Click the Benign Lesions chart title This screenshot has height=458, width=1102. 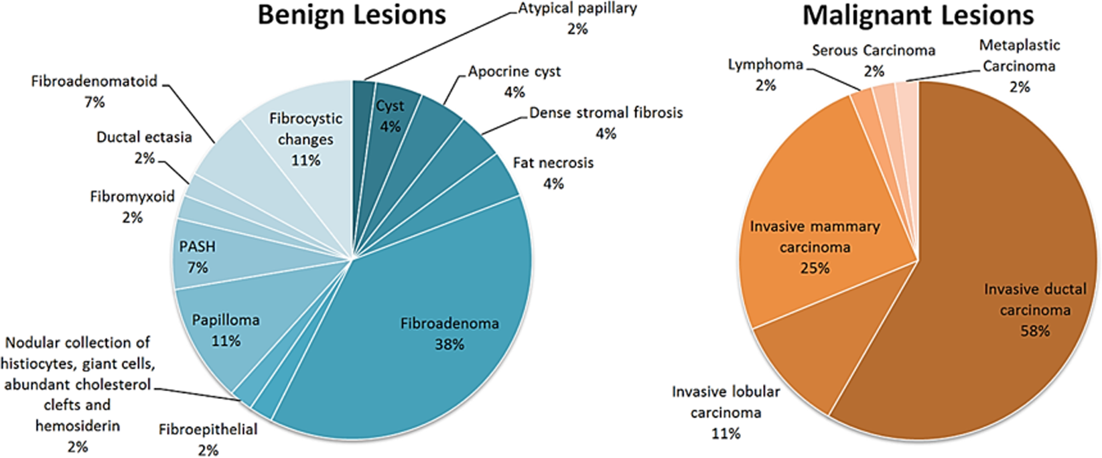[x=352, y=15]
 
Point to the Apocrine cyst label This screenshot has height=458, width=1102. [x=514, y=72]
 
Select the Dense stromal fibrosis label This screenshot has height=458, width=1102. [x=606, y=113]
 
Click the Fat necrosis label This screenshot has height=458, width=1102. [x=553, y=163]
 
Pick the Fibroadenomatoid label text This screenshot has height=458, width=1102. [x=94, y=82]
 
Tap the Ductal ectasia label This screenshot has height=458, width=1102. [x=144, y=138]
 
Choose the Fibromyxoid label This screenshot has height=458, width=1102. [x=132, y=197]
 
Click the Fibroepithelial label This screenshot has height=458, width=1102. [x=208, y=430]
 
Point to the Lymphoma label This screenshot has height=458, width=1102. [x=765, y=65]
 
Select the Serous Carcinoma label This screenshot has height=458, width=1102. [x=874, y=51]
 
